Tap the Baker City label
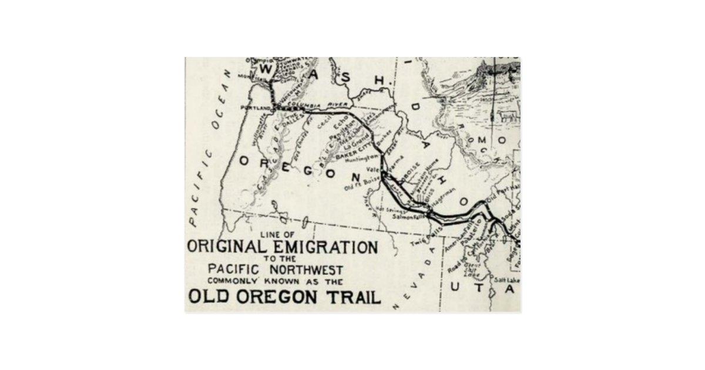350,152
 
